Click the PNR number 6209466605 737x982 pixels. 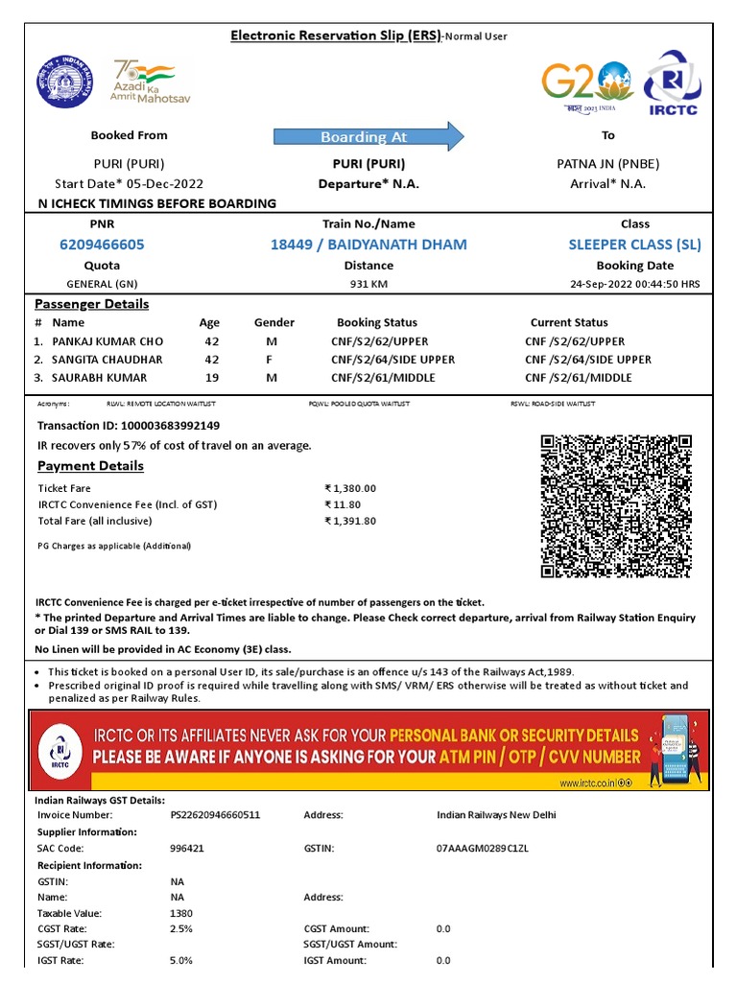(102, 245)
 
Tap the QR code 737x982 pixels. (616, 505)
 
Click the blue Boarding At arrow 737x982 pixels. (368, 137)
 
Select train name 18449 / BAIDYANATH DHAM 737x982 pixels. (368, 245)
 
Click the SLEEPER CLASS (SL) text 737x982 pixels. (634, 245)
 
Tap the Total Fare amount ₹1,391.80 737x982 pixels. (350, 522)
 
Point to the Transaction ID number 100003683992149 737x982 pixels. (168, 425)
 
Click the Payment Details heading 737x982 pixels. (90, 466)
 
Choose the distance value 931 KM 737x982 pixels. (368, 285)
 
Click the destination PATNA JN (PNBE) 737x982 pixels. (607, 163)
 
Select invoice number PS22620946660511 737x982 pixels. (215, 815)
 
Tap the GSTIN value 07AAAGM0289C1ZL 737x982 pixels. (483, 849)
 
